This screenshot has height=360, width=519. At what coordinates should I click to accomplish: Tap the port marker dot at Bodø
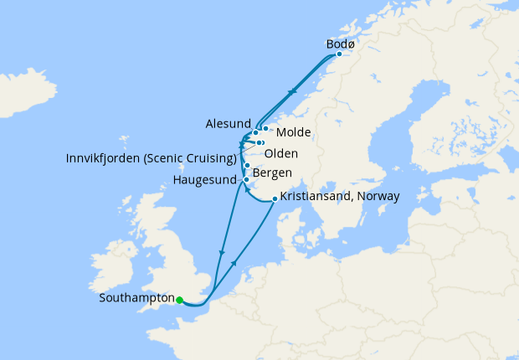pyautogui.click(x=338, y=54)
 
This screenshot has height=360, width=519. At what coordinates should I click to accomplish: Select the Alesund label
pyautogui.click(x=227, y=123)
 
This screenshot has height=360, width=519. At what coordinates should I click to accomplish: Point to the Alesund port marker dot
pyautogui.click(x=254, y=132)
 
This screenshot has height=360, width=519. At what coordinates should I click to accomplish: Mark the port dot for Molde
pyautogui.click(x=265, y=129)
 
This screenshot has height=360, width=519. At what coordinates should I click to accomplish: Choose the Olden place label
pyautogui.click(x=280, y=153)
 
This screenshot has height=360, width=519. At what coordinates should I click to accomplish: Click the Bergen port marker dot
pyautogui.click(x=247, y=165)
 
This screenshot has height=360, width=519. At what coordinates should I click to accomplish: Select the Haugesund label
pyautogui.click(x=206, y=179)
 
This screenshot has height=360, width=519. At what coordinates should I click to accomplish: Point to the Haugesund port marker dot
pyautogui.click(x=246, y=179)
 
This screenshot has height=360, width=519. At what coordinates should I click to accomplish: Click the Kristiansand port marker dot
pyautogui.click(x=275, y=198)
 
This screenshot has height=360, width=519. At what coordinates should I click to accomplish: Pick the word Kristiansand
pyautogui.click(x=320, y=196)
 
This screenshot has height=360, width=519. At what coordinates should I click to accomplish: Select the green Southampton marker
pyautogui.click(x=179, y=299)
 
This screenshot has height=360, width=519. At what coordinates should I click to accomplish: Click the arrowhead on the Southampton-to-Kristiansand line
pyautogui.click(x=234, y=262)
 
